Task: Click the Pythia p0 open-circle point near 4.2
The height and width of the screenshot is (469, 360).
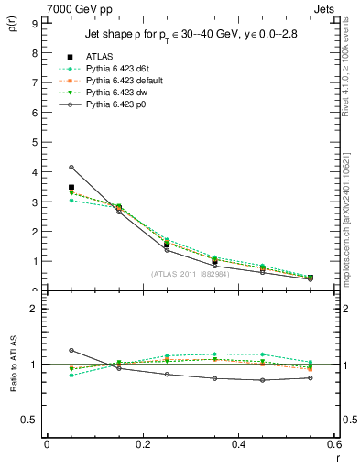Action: [x=71, y=168]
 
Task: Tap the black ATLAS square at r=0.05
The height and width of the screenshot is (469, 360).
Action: [x=71, y=187]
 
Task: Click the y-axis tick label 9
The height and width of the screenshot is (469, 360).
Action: [x=35, y=23]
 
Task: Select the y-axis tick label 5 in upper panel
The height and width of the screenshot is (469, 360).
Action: [x=35, y=142]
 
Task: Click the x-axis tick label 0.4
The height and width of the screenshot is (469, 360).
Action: [x=238, y=444]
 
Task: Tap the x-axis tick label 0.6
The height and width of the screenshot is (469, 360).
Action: [x=333, y=444]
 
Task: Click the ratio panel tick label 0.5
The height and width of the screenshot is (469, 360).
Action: [x=30, y=420]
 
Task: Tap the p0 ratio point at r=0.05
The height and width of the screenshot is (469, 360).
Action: [x=71, y=350]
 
